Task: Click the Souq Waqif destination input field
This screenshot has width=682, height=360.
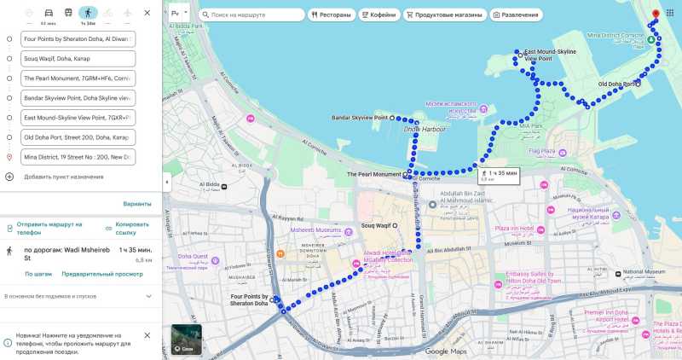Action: (78, 59)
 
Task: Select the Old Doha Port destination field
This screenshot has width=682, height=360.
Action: (78, 137)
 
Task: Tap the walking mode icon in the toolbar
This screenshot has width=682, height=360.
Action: (87, 14)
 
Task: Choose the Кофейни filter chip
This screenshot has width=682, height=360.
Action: (378, 15)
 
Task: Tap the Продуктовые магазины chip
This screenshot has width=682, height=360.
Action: (443, 15)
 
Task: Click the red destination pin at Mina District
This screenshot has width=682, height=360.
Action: (655, 15)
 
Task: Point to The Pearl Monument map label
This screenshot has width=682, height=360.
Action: (373, 174)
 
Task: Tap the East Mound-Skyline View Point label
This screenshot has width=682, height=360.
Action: (550, 55)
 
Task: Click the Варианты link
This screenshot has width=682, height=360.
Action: (137, 204)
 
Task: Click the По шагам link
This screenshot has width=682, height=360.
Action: (38, 274)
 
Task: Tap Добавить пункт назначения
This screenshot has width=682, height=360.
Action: (63, 177)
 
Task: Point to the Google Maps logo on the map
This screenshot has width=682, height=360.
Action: (446, 351)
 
